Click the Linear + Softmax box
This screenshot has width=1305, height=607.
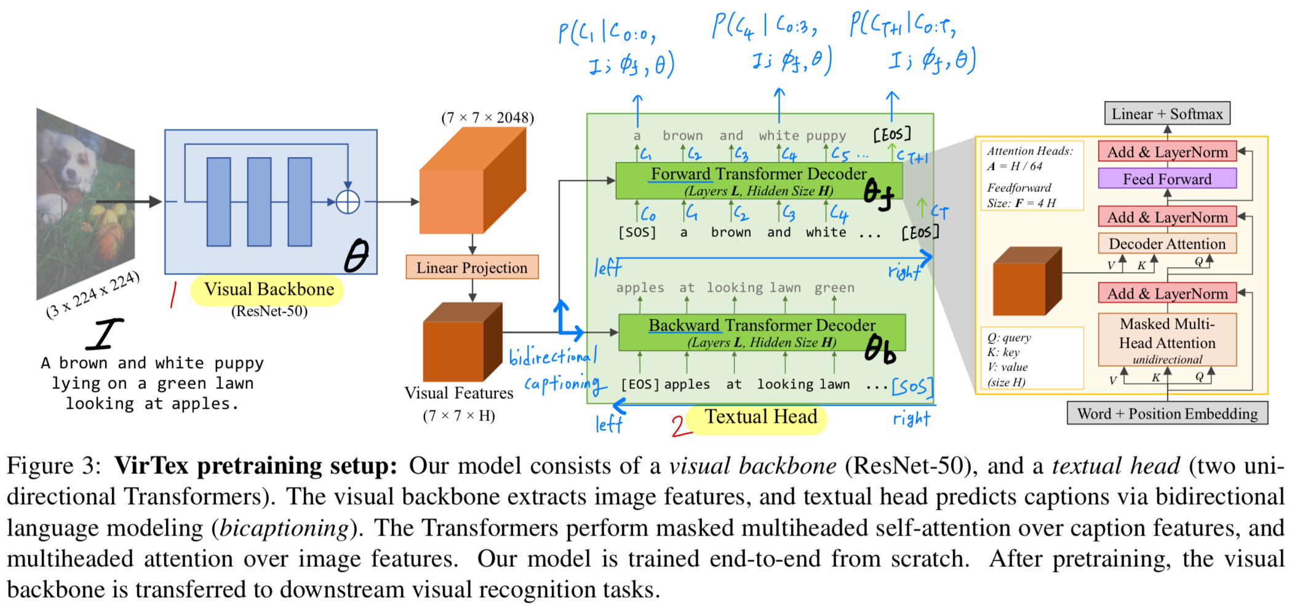tap(1167, 114)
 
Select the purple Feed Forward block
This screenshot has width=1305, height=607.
tap(1167, 179)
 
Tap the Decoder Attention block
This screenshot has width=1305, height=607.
tap(1167, 244)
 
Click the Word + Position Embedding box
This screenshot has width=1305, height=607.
tap(1167, 414)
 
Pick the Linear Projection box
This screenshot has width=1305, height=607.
tap(472, 267)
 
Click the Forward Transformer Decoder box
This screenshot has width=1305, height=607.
tap(759, 181)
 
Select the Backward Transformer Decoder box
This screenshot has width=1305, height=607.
tap(762, 332)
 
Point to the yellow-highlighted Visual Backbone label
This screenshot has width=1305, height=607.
tap(269, 289)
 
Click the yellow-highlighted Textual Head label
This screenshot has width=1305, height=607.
tap(761, 417)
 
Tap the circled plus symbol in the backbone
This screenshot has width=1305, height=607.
tap(348, 201)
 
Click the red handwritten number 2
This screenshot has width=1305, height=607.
tap(679, 425)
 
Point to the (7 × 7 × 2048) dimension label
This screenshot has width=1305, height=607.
tap(487, 118)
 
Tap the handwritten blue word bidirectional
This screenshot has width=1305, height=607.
tap(553, 355)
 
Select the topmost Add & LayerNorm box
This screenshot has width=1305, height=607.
tap(1167, 152)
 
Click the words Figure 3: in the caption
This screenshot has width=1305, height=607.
tap(54, 466)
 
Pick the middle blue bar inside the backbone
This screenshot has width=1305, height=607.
tap(259, 202)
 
